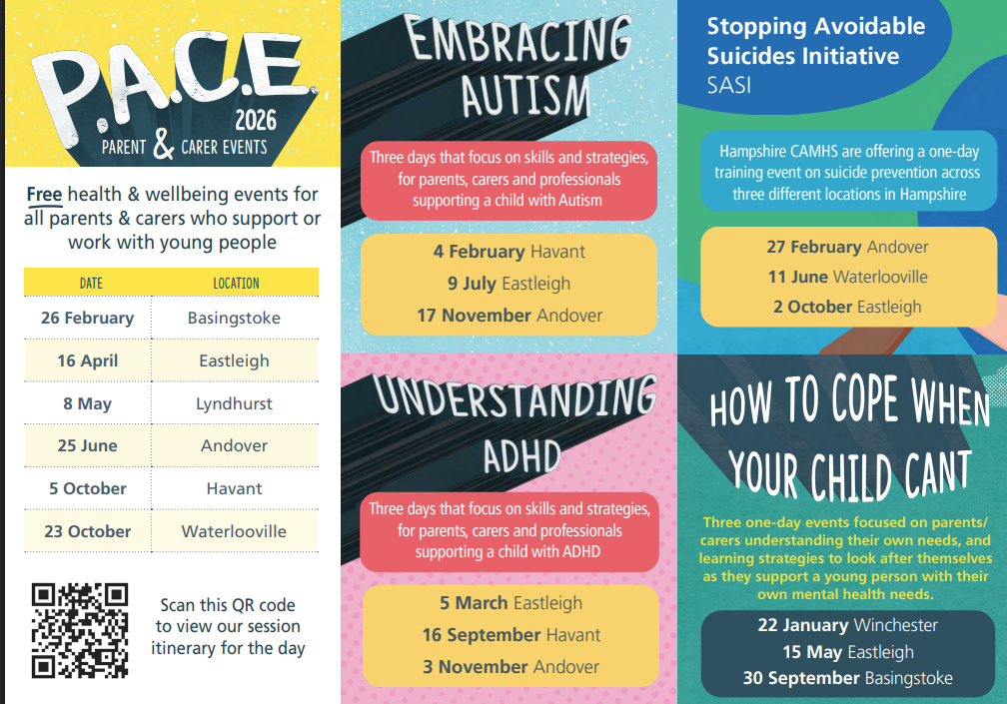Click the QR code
tap(80, 630)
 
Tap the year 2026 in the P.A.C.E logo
tap(256, 120)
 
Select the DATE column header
tap(91, 283)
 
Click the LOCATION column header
tap(236, 283)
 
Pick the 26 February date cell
tap(87, 318)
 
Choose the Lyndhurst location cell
tap(235, 403)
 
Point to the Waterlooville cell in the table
tap(235, 531)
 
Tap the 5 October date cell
tap(87, 488)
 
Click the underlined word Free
tap(44, 194)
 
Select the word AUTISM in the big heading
tap(525, 96)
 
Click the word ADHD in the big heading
tap(522, 456)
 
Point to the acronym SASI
tap(729, 85)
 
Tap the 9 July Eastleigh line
tap(508, 283)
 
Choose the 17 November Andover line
tap(509, 316)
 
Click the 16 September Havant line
tap(511, 635)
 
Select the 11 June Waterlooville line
tap(848, 277)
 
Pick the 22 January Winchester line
tap(848, 624)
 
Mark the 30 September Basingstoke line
tap(848, 678)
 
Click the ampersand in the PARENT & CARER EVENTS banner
tap(164, 144)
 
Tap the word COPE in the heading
tap(864, 398)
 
